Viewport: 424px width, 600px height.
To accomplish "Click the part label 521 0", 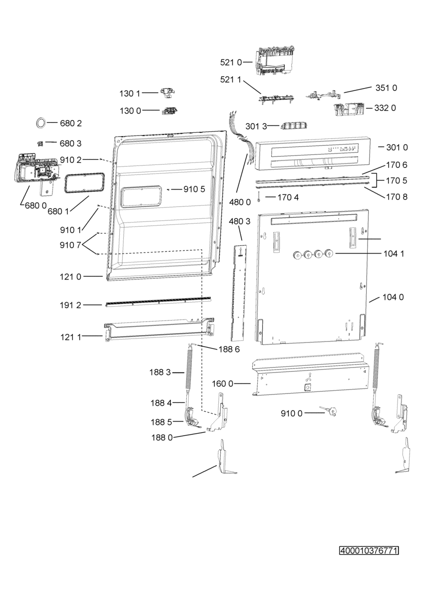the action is [231, 62].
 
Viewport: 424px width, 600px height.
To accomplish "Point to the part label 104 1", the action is [394, 253].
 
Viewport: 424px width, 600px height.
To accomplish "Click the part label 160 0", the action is [223, 384].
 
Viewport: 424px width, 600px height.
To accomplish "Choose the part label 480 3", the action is [240, 221].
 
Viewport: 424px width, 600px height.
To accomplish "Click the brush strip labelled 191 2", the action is [158, 301].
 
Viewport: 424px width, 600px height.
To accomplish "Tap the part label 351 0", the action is [386, 88].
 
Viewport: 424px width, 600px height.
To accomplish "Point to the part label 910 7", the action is [70, 245].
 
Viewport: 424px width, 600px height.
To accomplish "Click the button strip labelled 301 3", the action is [294, 125].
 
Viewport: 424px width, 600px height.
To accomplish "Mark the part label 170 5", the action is [397, 181].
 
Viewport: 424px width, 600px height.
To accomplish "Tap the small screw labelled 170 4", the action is [259, 197].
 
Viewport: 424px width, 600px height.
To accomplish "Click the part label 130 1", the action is [130, 94].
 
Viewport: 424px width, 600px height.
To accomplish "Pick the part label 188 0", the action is [162, 437].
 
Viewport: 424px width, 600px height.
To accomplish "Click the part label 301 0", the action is [397, 147].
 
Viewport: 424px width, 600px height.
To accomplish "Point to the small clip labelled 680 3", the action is [40, 143].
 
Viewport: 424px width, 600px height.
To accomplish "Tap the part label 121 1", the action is [70, 337].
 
